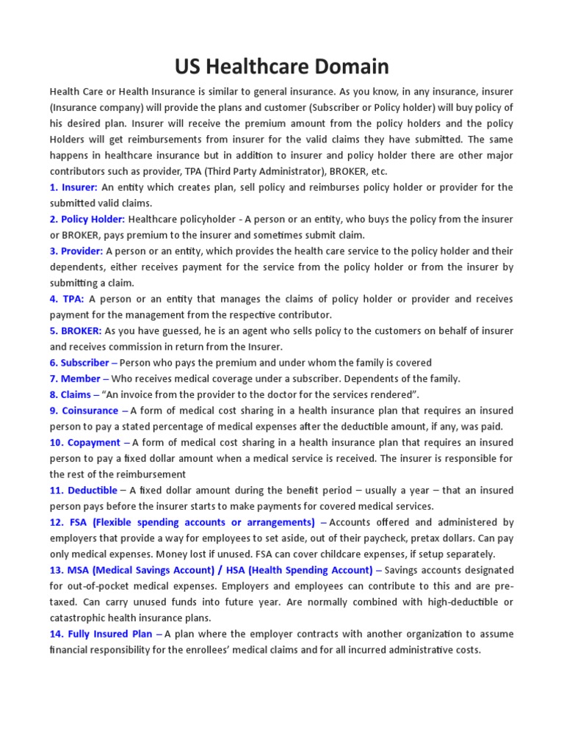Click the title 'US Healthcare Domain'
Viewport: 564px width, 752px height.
(282, 68)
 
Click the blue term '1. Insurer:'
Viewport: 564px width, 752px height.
(73, 187)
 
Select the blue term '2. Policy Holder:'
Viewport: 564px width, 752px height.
(87, 220)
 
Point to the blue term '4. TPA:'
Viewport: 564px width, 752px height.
(67, 299)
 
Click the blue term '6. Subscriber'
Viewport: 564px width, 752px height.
(79, 363)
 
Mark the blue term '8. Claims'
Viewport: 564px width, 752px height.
(70, 395)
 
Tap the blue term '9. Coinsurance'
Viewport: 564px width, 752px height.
(84, 411)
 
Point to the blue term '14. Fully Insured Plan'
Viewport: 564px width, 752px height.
(101, 634)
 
